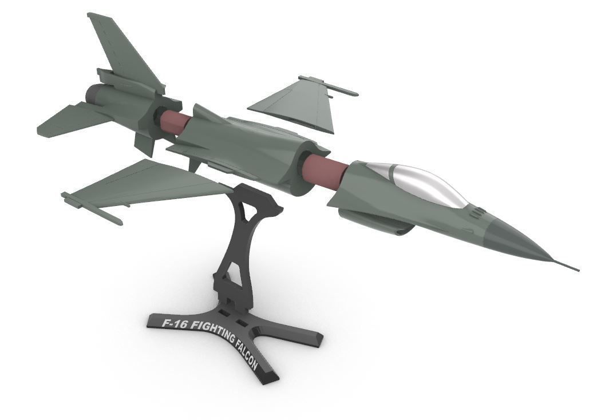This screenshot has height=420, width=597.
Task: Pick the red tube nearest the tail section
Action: (x=175, y=122)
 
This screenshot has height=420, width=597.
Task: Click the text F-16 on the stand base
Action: (x=173, y=324)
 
